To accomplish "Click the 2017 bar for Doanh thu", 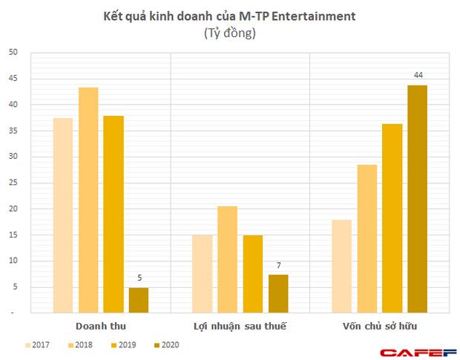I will (x=63, y=215).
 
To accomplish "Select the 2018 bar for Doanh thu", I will (x=88, y=200).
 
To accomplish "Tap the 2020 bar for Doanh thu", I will (x=139, y=300).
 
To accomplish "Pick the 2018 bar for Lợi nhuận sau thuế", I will (x=227, y=260).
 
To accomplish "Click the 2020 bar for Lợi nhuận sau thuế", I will (x=277, y=294).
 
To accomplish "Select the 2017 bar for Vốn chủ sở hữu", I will (x=341, y=266).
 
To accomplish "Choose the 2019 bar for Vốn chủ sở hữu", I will (x=392, y=218).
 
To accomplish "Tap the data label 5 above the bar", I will (x=139, y=278).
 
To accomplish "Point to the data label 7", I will (x=277, y=265).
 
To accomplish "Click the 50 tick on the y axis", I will (x=12, y=52).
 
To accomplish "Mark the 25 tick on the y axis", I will (x=12, y=183).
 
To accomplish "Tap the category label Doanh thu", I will (x=101, y=326).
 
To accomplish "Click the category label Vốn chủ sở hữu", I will (x=379, y=326).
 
